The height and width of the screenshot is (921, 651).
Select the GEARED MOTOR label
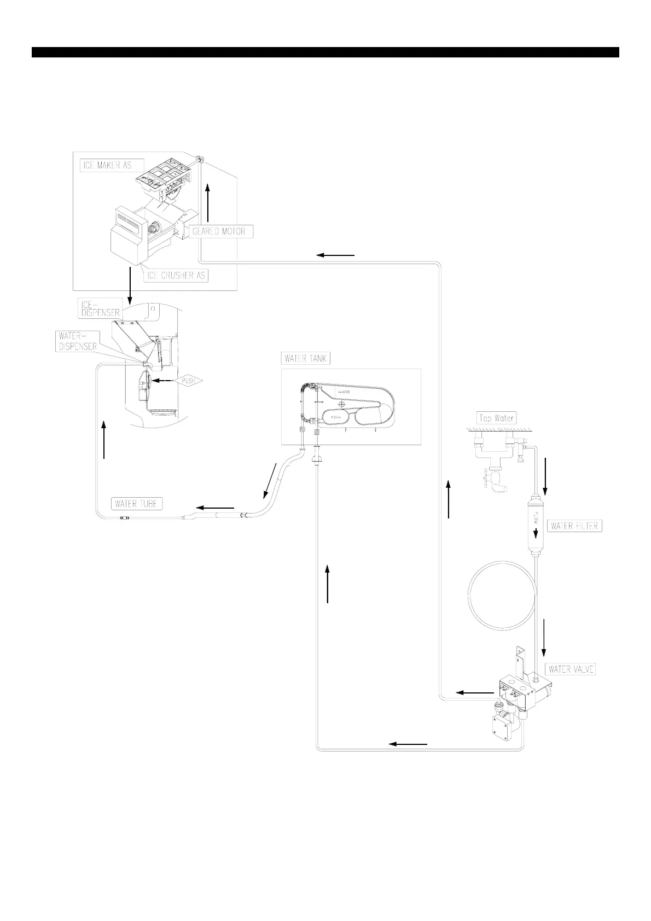(219, 231)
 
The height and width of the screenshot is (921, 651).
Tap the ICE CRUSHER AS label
(176, 275)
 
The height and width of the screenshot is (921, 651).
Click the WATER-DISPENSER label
(77, 341)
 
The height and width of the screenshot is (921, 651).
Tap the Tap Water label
(496, 418)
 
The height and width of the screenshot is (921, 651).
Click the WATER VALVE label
(571, 669)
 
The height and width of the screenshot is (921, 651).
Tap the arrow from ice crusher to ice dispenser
(130, 285)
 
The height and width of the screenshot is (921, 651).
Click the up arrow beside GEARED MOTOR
(208, 202)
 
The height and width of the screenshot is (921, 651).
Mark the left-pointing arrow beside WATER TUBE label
(216, 508)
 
